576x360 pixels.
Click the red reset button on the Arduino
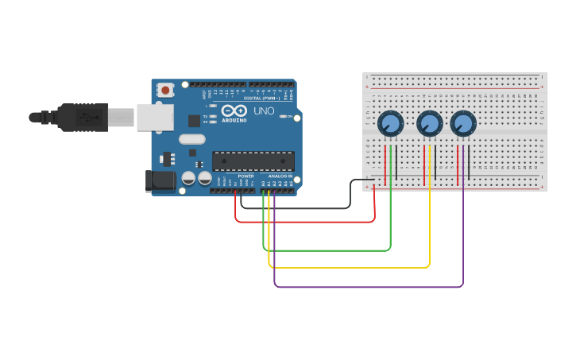coord(165,91)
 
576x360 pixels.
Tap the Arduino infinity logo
coord(234,111)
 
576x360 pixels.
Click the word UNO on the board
coord(265,111)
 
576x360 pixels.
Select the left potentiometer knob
coord(390,123)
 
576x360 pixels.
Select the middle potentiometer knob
coord(429,123)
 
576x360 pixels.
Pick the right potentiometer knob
coord(462,123)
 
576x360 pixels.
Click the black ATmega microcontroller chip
coord(253,161)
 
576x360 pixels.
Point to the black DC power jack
coord(160,181)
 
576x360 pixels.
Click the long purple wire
coord(365,286)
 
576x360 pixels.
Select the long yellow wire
coord(350,267)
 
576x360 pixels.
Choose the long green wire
coord(326,250)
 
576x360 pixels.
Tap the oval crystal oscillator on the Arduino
coord(192,139)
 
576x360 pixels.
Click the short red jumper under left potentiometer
coord(385,165)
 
